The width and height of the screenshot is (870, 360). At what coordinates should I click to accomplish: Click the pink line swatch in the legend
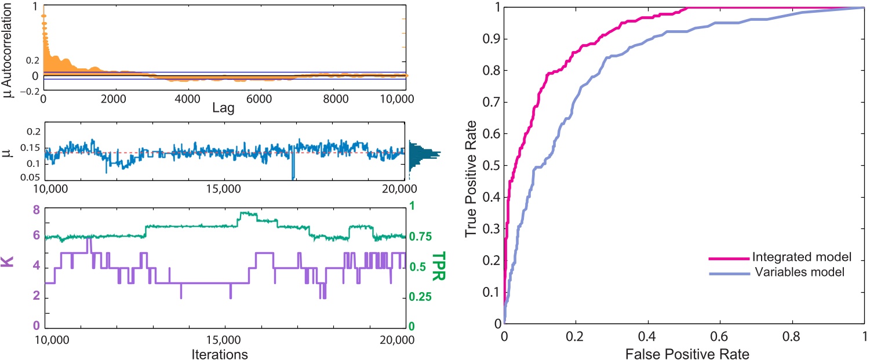click(x=728, y=257)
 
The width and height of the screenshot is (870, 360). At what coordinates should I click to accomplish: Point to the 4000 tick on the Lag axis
click(x=187, y=99)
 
